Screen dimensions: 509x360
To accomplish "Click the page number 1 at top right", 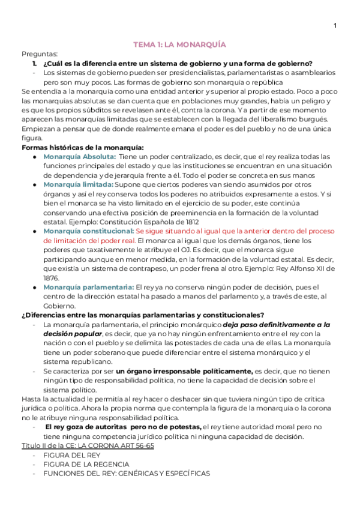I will click(335, 25).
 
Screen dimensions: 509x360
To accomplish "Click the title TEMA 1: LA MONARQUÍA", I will click(179, 44).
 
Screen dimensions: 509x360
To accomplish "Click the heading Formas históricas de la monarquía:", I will click(82, 148).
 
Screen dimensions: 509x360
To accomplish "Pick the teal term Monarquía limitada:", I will click(77, 185).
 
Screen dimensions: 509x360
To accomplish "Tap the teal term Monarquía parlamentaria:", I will click(88, 287).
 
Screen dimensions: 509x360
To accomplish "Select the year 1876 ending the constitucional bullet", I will click(52, 278).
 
